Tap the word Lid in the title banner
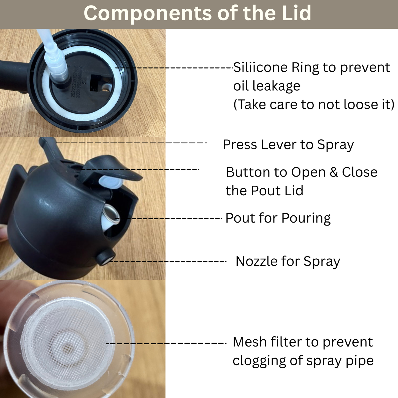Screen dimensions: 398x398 tap(296, 13)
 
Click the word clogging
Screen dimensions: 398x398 tap(259, 361)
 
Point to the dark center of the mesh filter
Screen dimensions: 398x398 tap(67, 349)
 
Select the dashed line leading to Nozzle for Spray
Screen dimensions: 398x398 tap(168, 261)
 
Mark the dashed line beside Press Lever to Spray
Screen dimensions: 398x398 tap(131, 143)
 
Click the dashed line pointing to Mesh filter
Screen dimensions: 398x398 tap(165, 343)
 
